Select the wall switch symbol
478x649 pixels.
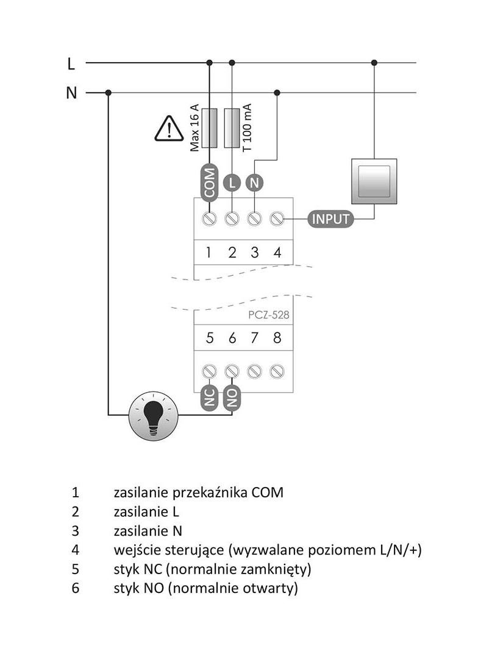(x=374, y=181)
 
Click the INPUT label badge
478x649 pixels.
(x=330, y=219)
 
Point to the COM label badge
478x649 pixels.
(x=209, y=182)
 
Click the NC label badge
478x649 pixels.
(x=209, y=398)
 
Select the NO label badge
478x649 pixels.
(x=232, y=398)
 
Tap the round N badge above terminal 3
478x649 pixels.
(x=254, y=182)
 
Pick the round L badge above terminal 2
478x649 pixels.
(x=232, y=182)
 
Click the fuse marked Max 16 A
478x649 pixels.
(x=209, y=128)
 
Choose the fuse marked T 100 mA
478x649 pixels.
(x=232, y=128)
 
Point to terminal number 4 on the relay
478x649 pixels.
(x=277, y=253)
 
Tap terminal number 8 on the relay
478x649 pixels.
(x=277, y=339)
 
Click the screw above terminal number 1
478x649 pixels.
(x=209, y=218)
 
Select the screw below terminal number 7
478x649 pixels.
(x=255, y=370)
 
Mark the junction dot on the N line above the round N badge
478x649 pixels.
(x=277, y=93)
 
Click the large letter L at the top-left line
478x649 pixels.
(x=71, y=63)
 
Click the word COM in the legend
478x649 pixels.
(x=267, y=492)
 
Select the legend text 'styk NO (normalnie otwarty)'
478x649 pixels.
(x=205, y=589)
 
